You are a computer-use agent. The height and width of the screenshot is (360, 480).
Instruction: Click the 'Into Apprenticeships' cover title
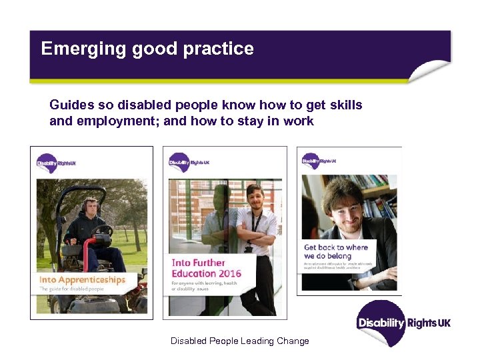pos(83,280)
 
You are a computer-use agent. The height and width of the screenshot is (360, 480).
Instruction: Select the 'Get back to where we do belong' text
pos(336,251)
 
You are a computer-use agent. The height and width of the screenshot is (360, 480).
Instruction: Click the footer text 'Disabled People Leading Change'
pos(240,341)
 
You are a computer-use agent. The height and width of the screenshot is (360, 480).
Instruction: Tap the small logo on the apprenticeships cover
pos(56,161)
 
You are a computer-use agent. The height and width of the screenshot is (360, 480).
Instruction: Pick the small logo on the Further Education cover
pos(189,161)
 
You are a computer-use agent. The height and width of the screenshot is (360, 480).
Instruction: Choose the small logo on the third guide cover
pos(319,160)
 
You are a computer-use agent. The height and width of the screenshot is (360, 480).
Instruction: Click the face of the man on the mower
pos(90,207)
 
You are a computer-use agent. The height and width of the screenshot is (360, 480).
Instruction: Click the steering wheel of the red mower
pos(102,231)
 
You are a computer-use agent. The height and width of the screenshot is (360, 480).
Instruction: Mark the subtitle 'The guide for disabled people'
pos(73,290)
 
